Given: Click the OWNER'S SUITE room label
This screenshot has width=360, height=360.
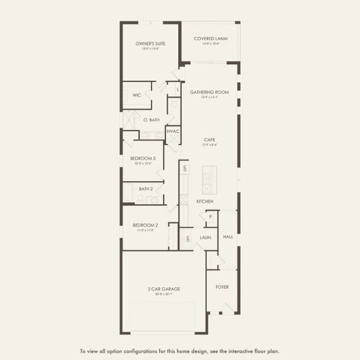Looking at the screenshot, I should tap(150, 44).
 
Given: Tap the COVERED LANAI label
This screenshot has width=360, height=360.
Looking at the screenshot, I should tap(209, 39).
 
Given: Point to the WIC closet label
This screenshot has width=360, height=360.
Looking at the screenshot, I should tap(137, 95).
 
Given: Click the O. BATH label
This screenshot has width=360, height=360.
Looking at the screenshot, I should tap(151, 120).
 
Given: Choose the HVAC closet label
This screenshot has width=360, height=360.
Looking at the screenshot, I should tap(173, 131).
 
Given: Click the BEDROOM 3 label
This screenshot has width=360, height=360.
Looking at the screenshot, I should tap(143, 158).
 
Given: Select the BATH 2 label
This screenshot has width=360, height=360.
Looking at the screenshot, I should tap(146, 189).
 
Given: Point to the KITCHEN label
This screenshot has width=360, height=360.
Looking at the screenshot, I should tap(205, 202).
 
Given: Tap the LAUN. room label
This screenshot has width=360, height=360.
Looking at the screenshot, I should tap(205, 238).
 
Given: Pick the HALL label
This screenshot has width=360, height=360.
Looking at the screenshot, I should tap(228, 236).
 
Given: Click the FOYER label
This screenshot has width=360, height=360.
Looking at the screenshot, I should tap(222, 287).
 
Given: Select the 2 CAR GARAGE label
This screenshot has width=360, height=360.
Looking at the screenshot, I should tap(164, 289).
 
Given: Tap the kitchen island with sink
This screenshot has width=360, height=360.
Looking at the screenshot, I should tap(209, 178).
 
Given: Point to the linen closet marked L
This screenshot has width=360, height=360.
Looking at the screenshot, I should tap(178, 90).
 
